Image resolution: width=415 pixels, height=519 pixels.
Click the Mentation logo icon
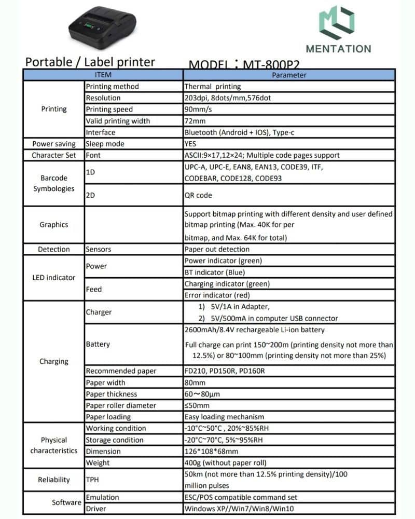click(338, 23)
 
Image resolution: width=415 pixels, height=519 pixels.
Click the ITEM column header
click(104, 75)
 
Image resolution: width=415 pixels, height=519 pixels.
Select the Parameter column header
click(289, 75)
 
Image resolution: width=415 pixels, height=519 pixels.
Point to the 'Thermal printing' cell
click(213, 87)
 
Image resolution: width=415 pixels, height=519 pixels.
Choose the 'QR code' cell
click(198, 196)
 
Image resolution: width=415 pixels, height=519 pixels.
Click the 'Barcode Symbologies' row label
click(54, 183)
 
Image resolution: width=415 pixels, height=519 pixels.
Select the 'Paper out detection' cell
click(217, 249)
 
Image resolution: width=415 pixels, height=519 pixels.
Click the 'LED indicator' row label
click(54, 278)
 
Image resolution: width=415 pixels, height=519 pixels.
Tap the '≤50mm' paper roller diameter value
click(197, 405)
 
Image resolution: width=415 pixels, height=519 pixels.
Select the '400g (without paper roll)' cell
click(218, 462)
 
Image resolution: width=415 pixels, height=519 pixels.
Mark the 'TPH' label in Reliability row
click(92, 480)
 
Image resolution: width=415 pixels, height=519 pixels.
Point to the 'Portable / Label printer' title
click(90, 62)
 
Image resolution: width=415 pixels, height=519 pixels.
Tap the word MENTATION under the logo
click(338, 49)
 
